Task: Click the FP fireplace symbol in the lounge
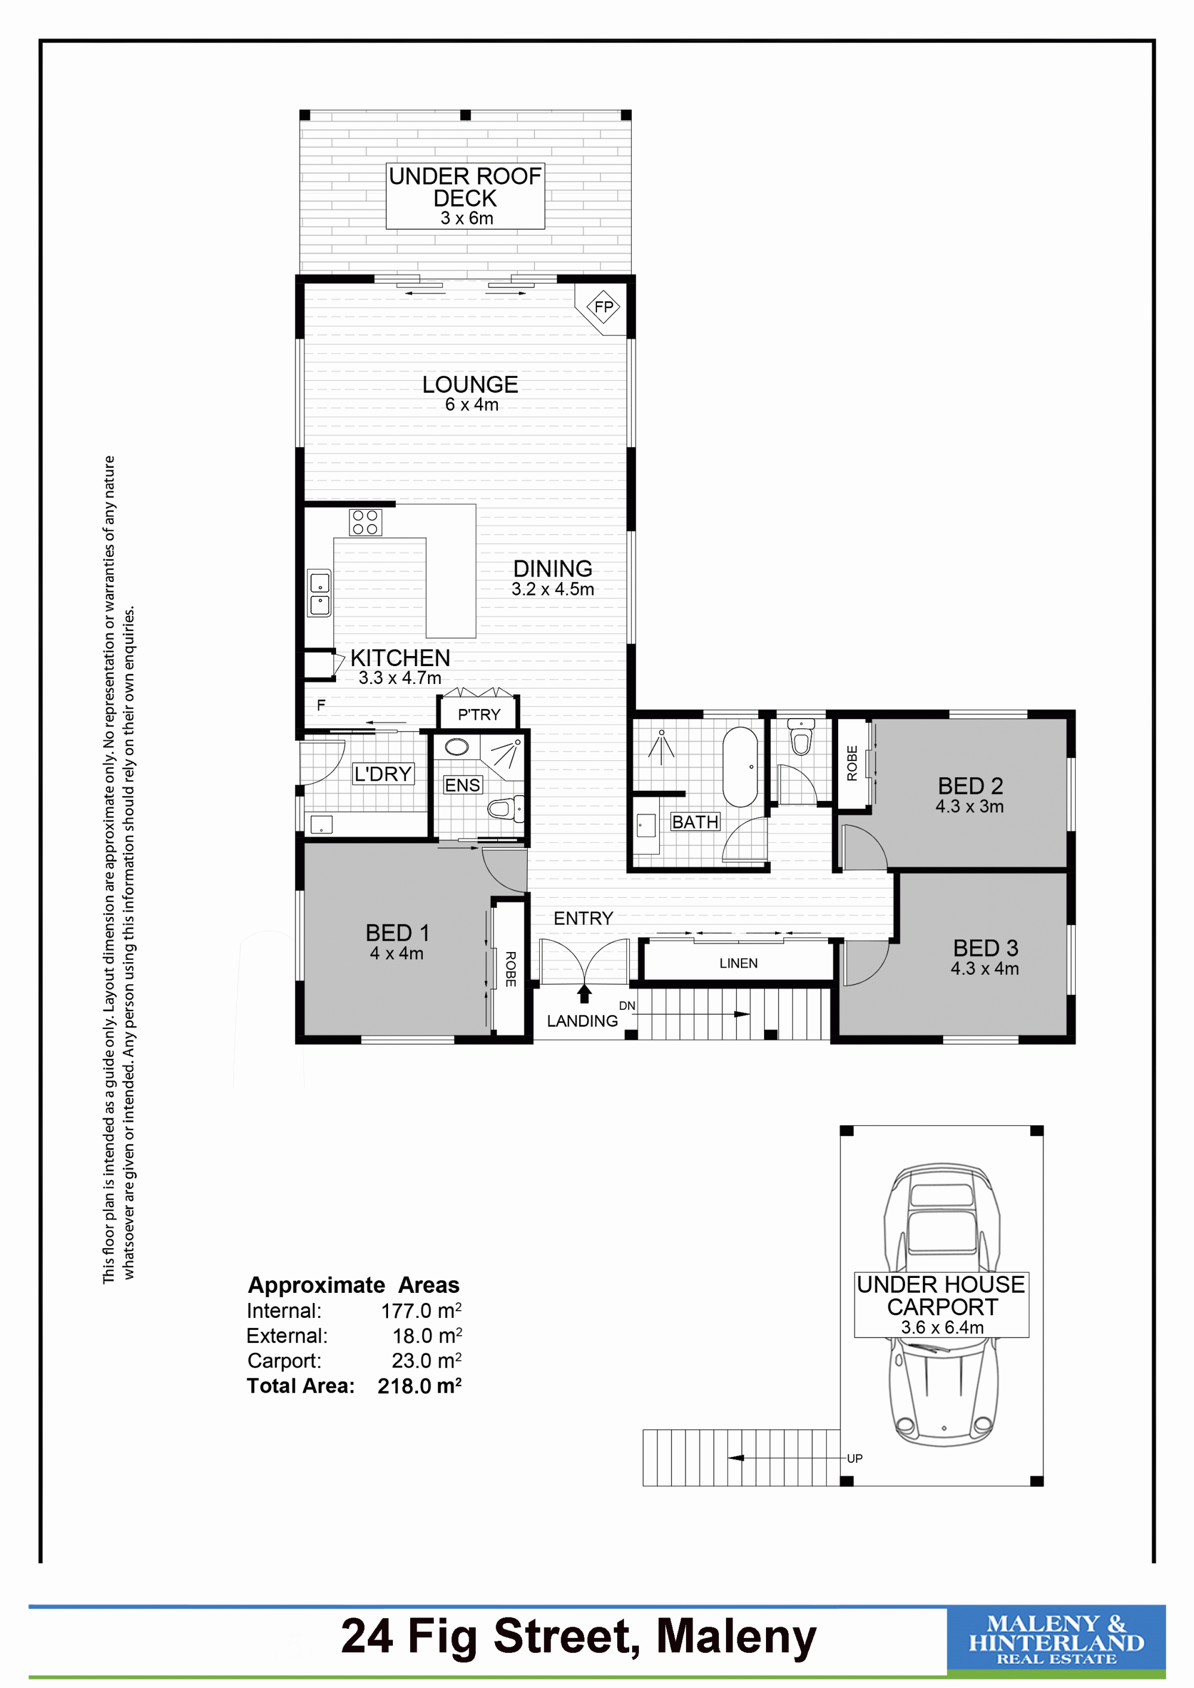pyautogui.click(x=603, y=307)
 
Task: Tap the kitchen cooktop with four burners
pyautogui.click(x=365, y=522)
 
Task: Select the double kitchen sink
pyautogui.click(x=320, y=594)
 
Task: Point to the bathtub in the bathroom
pyautogui.click(x=740, y=767)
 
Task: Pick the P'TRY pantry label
pyautogui.click(x=479, y=714)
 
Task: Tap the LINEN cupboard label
pyautogui.click(x=738, y=963)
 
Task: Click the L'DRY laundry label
pyautogui.click(x=383, y=774)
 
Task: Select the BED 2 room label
pyautogui.click(x=970, y=786)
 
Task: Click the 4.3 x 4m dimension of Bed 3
pyautogui.click(x=984, y=969)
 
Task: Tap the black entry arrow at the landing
pyautogui.click(x=584, y=993)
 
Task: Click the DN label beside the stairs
pyautogui.click(x=626, y=1006)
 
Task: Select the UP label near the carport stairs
pyautogui.click(x=854, y=1459)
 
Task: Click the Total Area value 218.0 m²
pyautogui.click(x=419, y=1386)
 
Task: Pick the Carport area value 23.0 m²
pyautogui.click(x=426, y=1360)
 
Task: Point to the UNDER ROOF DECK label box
pyautogui.click(x=466, y=196)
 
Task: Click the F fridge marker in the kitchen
pyautogui.click(x=321, y=705)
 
